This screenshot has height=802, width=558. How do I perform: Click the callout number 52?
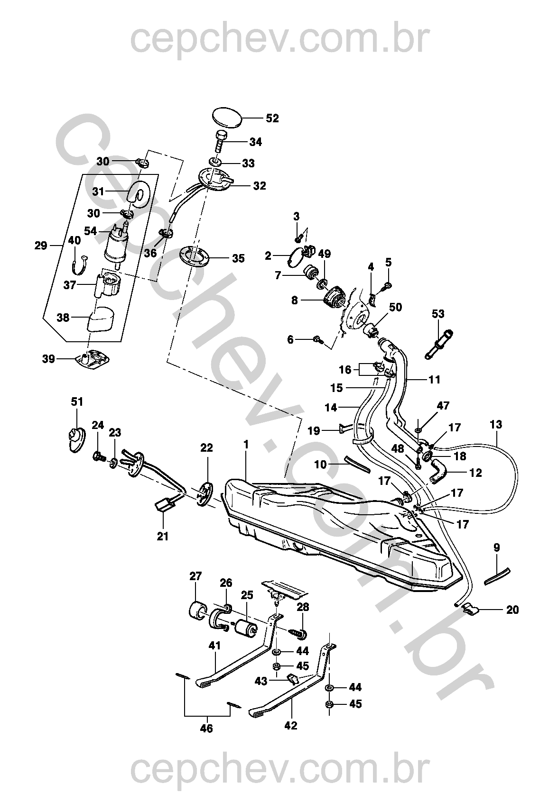[272, 118]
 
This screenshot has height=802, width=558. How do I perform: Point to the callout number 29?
[41, 246]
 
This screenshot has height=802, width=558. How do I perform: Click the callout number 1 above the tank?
[246, 444]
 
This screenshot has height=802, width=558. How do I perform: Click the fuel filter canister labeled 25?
[246, 628]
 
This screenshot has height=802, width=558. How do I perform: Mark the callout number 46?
[206, 728]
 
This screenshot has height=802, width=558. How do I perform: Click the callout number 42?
[291, 725]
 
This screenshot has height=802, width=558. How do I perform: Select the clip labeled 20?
[470, 610]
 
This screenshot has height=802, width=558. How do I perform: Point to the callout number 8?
[295, 301]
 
